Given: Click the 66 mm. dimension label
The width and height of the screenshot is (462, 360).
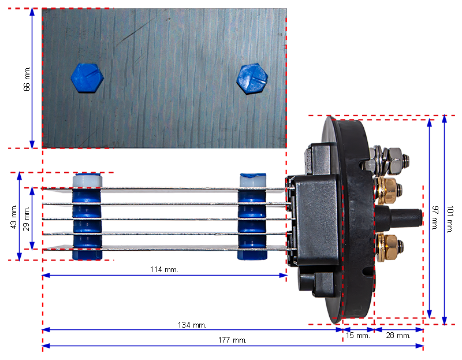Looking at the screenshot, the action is [27, 79].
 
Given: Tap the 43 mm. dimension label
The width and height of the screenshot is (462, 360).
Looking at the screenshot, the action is [13, 217].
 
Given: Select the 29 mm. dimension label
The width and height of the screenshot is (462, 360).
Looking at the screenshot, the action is [26, 218].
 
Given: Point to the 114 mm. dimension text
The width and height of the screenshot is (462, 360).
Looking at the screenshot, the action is [164, 269].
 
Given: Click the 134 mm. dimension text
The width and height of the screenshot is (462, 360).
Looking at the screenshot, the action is [192, 325].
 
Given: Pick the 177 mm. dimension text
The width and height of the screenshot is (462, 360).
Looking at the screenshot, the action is [232, 340].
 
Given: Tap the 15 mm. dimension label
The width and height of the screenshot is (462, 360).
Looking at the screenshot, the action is [357, 336].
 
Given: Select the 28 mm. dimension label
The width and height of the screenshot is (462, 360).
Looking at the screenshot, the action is [398, 336].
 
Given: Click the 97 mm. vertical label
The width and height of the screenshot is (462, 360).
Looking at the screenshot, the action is [435, 218].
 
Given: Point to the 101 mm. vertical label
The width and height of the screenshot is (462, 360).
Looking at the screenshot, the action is [450, 220].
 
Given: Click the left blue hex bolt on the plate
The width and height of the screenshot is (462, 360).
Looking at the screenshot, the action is [87, 78].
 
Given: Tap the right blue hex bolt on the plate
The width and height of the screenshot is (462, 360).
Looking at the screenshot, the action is [252, 79].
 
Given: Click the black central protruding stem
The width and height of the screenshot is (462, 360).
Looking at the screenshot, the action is [398, 218].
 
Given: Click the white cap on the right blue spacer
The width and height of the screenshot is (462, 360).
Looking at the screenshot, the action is [253, 180].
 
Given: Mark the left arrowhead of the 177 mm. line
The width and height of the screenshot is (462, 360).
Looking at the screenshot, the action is [46, 346].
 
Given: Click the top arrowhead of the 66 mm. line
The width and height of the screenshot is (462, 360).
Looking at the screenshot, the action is [32, 12].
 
